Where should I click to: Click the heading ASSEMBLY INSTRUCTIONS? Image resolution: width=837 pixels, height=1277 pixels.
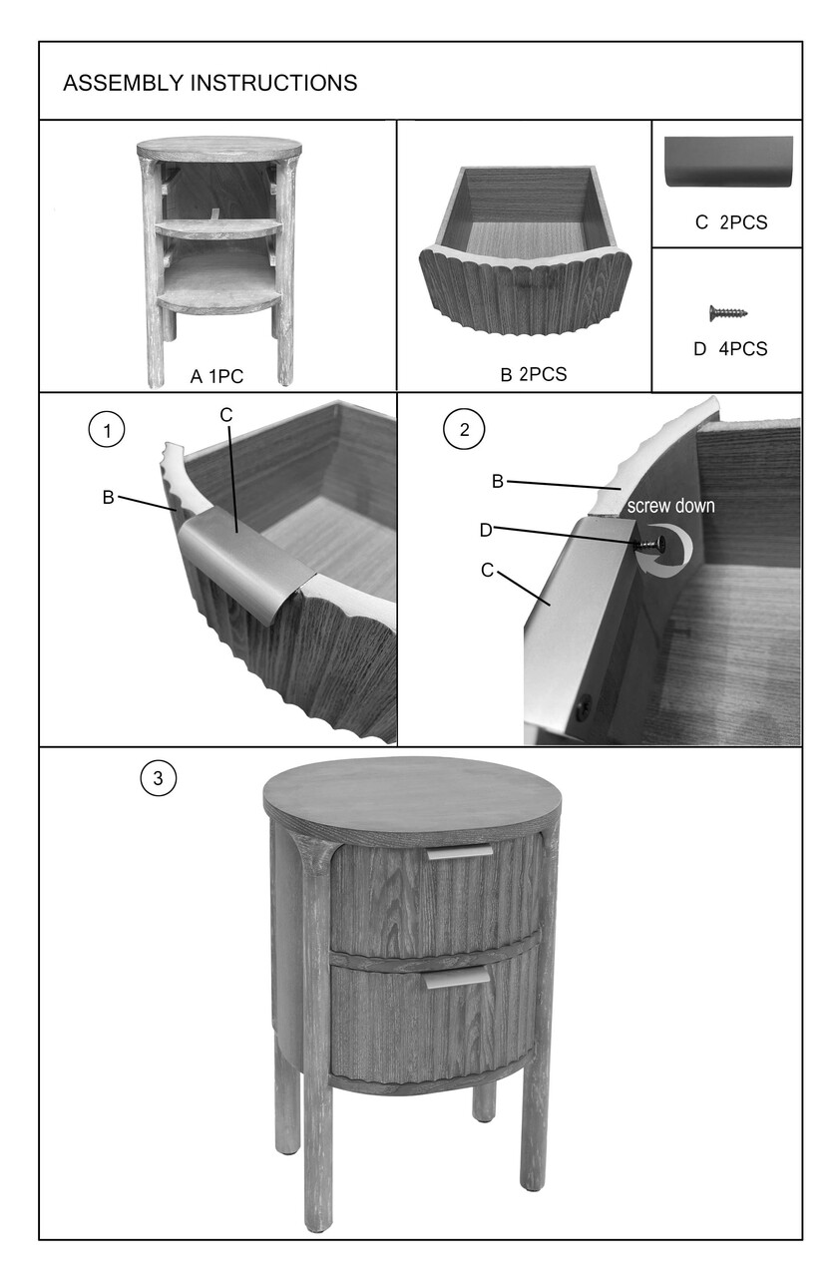pyautogui.click(x=209, y=83)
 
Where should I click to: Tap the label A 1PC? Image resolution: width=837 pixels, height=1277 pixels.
pyautogui.click(x=216, y=377)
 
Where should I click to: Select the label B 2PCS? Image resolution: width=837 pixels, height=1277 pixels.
pyautogui.click(x=534, y=374)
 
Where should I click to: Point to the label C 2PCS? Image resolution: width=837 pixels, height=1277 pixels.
pyautogui.click(x=731, y=222)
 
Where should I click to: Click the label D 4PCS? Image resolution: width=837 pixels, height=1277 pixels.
pyautogui.click(x=730, y=348)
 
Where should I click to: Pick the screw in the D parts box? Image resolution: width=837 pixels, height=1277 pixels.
pyautogui.click(x=728, y=312)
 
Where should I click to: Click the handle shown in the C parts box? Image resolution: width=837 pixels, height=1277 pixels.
pyautogui.click(x=728, y=162)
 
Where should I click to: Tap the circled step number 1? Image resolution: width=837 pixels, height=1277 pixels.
pyautogui.click(x=107, y=430)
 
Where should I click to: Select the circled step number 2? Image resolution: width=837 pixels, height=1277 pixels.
pyautogui.click(x=464, y=429)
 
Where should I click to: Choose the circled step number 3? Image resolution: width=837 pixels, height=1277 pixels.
pyautogui.click(x=159, y=778)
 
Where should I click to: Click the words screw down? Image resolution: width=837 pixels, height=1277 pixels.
pyautogui.click(x=670, y=506)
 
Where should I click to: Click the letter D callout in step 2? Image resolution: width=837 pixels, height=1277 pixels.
pyautogui.click(x=486, y=531)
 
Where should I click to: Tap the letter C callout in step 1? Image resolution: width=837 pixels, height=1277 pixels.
pyautogui.click(x=226, y=416)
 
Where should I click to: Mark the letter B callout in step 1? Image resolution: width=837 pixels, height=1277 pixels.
pyautogui.click(x=109, y=498)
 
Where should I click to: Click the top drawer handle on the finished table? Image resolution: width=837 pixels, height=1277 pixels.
pyautogui.click(x=460, y=852)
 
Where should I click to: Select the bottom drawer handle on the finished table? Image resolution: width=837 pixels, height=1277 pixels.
pyautogui.click(x=456, y=979)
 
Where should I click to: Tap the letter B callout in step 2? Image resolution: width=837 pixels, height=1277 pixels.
pyautogui.click(x=498, y=482)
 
